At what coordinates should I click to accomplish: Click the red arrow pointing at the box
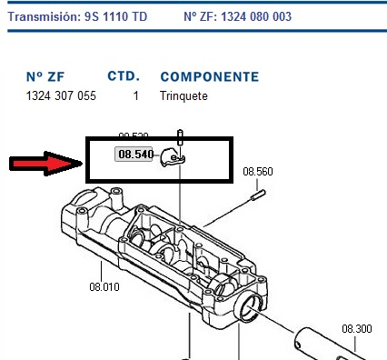click(x=44, y=165)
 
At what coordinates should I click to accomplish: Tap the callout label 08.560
click(x=257, y=170)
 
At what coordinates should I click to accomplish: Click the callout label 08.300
click(x=357, y=329)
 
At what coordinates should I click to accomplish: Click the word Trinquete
click(x=184, y=95)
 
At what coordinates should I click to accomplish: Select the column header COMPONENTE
click(x=209, y=76)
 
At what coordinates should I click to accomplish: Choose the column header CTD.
click(x=123, y=76)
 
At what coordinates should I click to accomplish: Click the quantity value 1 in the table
click(x=135, y=95)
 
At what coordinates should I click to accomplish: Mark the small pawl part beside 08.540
click(x=172, y=158)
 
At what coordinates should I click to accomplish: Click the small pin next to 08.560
click(x=259, y=192)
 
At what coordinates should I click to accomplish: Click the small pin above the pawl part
click(x=181, y=137)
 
